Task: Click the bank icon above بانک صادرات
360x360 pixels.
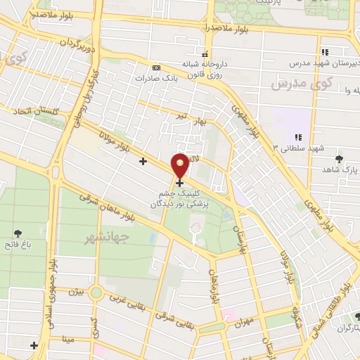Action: (x=156, y=67)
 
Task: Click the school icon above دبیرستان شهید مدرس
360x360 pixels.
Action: (x=324, y=51)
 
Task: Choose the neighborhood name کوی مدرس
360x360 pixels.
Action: (x=290, y=84)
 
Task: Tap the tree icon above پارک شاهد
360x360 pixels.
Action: (x=340, y=159)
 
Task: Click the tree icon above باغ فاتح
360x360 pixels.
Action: (x=17, y=233)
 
